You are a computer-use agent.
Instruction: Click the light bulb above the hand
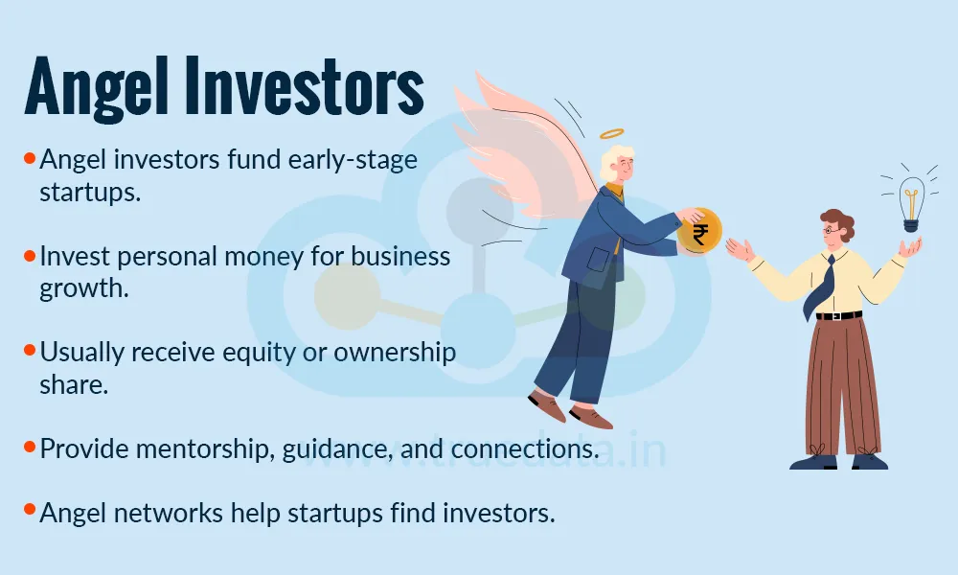911,202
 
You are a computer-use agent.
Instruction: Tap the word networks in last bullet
170,513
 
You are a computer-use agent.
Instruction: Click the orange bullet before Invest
30,256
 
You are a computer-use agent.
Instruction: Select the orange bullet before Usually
30,351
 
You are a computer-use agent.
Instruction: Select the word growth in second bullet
83,288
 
